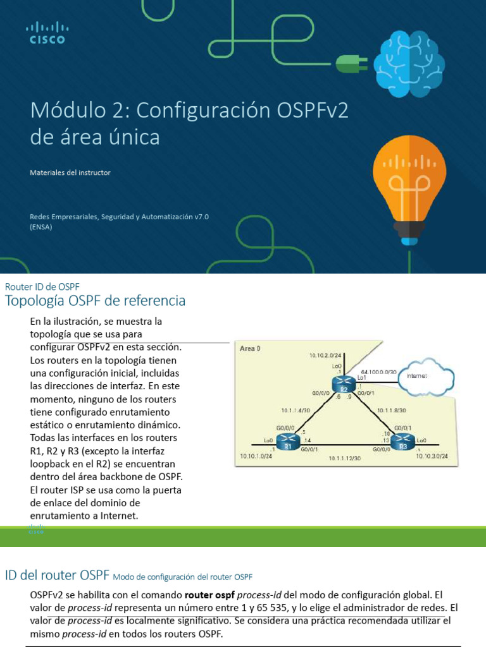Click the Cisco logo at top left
click(x=47, y=33)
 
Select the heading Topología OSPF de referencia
click(x=95, y=301)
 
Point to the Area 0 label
click(x=250, y=348)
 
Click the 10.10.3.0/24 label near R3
click(x=432, y=456)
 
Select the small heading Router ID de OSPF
click(x=42, y=286)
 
